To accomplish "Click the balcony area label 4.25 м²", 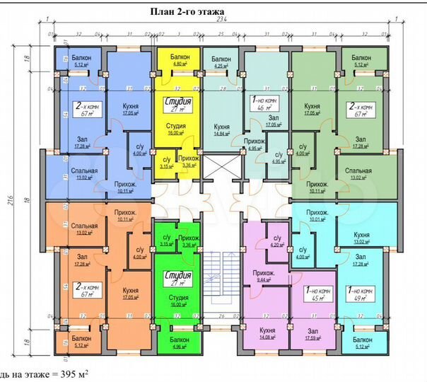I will tap(221, 66).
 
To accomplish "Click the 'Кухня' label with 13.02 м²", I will tap(361, 236).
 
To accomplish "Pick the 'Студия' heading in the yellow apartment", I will tap(178, 100).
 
